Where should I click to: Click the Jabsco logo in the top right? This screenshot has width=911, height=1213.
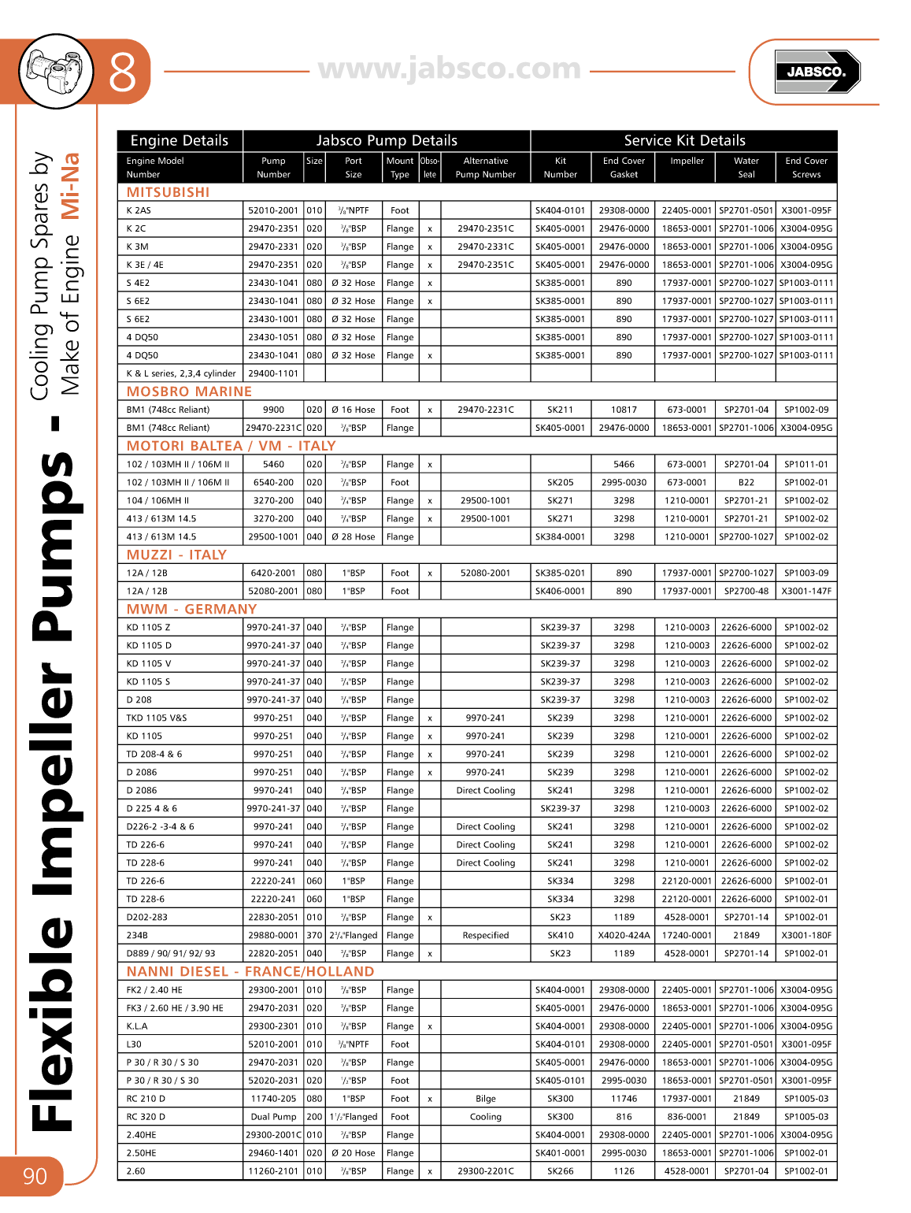coord(817,72)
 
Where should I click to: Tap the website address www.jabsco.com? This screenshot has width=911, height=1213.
coord(450,69)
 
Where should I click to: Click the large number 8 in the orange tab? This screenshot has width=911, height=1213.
coord(123,72)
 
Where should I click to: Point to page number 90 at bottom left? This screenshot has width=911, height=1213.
coord(35,1176)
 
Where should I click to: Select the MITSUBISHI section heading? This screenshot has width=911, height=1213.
coord(168,192)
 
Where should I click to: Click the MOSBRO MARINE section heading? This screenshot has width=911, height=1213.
coord(189,391)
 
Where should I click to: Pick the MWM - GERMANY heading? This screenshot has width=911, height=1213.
coord(191,609)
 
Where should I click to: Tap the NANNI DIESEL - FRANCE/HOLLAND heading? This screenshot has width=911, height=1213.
coord(250,971)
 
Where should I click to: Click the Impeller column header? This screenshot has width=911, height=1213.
coord(687,161)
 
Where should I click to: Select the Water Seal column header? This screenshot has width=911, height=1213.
coord(746,167)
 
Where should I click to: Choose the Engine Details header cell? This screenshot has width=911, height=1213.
coord(180,140)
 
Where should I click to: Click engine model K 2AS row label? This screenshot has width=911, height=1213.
coord(139,210)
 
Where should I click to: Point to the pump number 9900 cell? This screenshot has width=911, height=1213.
coord(273,410)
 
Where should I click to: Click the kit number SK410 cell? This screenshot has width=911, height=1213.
coord(560,935)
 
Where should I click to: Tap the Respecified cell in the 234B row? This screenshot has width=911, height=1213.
coord(485,935)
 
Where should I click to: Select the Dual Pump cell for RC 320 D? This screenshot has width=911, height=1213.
coord(273,1116)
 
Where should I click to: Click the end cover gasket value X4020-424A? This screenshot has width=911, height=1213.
coord(624,935)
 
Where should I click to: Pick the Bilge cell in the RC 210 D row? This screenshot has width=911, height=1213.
coord(485,1098)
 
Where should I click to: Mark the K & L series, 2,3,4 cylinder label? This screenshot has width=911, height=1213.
coord(181,373)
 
